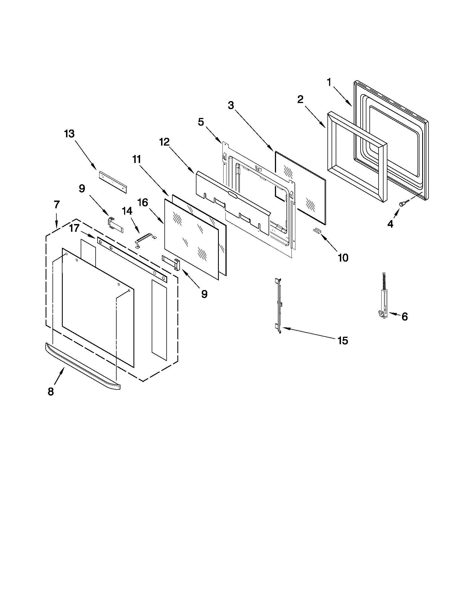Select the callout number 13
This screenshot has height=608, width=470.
point(69,134)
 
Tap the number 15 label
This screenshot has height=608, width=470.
point(343,341)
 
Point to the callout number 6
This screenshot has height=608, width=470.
point(404,317)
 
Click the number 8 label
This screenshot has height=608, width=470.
point(51,391)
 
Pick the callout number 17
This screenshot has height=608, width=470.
point(74,228)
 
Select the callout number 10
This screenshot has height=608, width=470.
point(343,258)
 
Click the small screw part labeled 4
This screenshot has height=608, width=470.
point(403,204)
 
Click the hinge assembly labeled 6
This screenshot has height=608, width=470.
point(384,301)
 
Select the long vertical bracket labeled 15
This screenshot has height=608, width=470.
point(279,306)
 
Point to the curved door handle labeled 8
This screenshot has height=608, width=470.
point(82,366)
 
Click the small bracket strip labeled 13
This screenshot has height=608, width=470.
point(113,182)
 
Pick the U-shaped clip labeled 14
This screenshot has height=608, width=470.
point(145,240)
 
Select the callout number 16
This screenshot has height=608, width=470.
point(143,202)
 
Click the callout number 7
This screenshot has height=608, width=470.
point(57,205)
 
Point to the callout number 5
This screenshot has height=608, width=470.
point(201,122)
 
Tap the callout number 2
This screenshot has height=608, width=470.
point(300,99)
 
